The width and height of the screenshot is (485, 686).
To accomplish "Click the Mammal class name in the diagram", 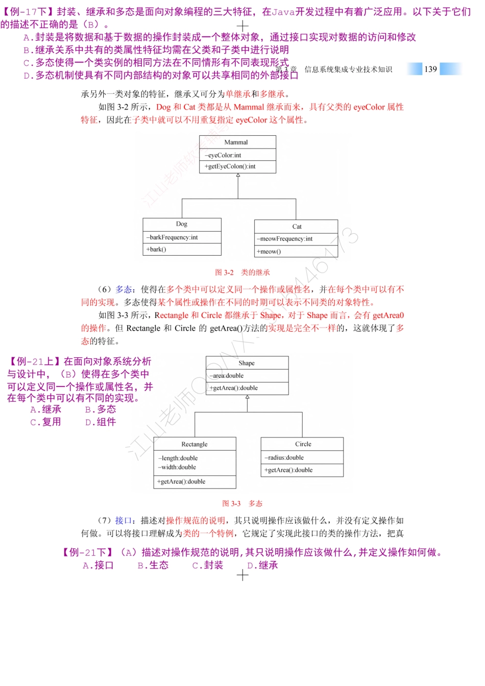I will (x=236, y=142).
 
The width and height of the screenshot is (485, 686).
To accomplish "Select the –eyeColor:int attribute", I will (x=223, y=155).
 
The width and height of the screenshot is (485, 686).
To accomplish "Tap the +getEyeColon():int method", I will (x=230, y=166).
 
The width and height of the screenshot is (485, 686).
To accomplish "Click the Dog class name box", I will (x=182, y=224).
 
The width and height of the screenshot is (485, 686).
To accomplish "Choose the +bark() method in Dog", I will (x=156, y=250).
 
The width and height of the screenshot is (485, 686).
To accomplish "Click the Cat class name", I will (x=297, y=227).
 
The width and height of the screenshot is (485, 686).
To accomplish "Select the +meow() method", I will (x=269, y=252).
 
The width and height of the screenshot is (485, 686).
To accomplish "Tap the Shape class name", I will (x=247, y=363).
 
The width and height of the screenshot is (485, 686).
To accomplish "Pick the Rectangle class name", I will (x=195, y=445).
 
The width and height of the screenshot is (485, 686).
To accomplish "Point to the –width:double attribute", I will (x=177, y=467).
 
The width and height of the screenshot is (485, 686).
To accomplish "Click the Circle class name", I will (x=303, y=444).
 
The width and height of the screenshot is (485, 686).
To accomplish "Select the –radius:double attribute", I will (x=284, y=458).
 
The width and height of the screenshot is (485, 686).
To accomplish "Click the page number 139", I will (x=430, y=69).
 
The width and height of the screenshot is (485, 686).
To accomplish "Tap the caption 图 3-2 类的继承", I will (x=243, y=273).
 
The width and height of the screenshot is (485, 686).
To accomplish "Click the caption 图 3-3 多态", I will (x=243, y=504).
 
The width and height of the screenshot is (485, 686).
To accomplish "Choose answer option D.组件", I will (x=101, y=422).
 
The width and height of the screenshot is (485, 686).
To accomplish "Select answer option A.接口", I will (x=98, y=566).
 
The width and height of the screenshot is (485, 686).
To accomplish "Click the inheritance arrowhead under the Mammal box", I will (x=238, y=176).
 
